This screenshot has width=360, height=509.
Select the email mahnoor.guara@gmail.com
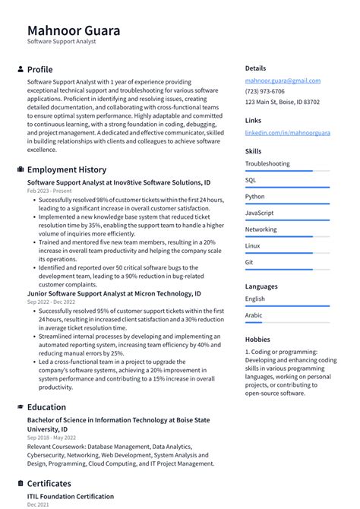(x=283, y=81)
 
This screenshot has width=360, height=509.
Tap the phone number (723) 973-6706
(x=266, y=91)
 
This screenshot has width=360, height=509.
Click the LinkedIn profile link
(x=287, y=133)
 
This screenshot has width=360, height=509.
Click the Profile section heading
(x=39, y=69)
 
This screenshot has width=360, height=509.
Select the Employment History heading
(x=67, y=169)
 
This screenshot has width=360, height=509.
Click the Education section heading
(x=46, y=407)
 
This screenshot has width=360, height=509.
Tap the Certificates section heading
(x=49, y=483)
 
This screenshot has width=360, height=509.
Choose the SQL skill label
(x=251, y=180)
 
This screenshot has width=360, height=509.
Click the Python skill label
(x=255, y=197)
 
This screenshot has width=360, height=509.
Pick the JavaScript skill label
(x=260, y=213)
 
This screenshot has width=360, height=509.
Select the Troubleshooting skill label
(x=267, y=163)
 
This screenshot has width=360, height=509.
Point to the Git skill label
(x=249, y=262)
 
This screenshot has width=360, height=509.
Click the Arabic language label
(x=254, y=315)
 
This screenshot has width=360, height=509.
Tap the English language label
(x=255, y=299)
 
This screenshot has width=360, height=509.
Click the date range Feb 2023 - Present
(x=50, y=191)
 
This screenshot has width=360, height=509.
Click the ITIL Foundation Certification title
(x=71, y=496)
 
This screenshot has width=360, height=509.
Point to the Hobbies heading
(x=258, y=339)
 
